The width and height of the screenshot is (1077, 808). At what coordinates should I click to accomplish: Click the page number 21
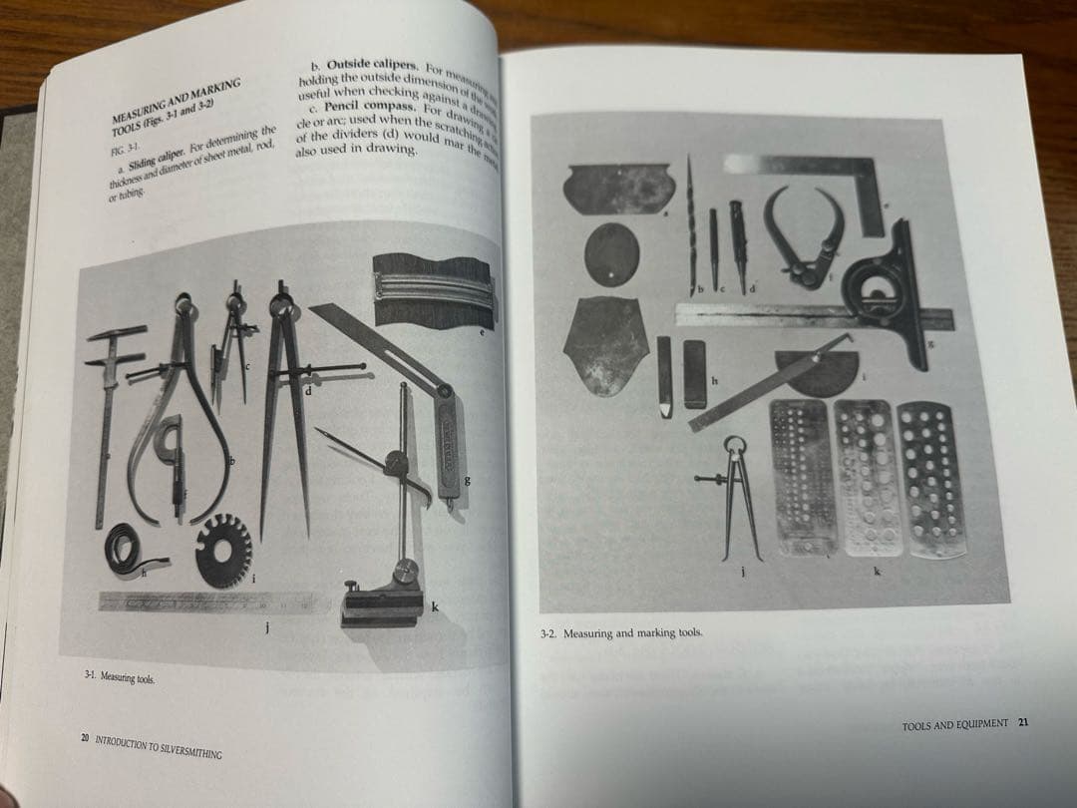[x=1023, y=723]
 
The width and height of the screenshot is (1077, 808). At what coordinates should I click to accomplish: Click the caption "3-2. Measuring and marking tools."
[x=620, y=633]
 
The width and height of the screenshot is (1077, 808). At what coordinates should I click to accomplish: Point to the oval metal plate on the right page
[x=610, y=255]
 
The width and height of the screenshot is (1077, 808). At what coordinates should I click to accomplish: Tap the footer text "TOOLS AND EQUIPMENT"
[x=954, y=723]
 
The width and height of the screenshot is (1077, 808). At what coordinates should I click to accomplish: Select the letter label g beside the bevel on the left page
[x=467, y=483]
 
